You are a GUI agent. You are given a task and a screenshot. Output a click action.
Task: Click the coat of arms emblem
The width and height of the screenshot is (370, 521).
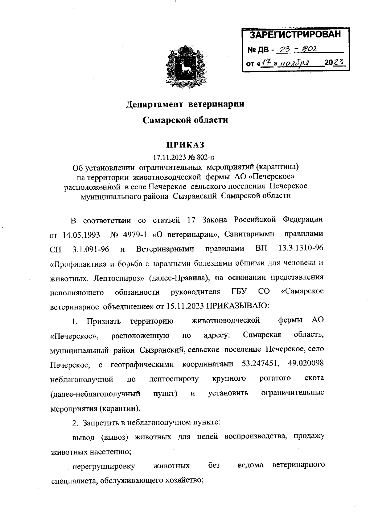pyautogui.click(x=185, y=66)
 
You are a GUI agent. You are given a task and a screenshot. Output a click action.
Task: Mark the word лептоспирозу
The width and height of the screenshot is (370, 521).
pyautogui.click(x=174, y=378)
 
